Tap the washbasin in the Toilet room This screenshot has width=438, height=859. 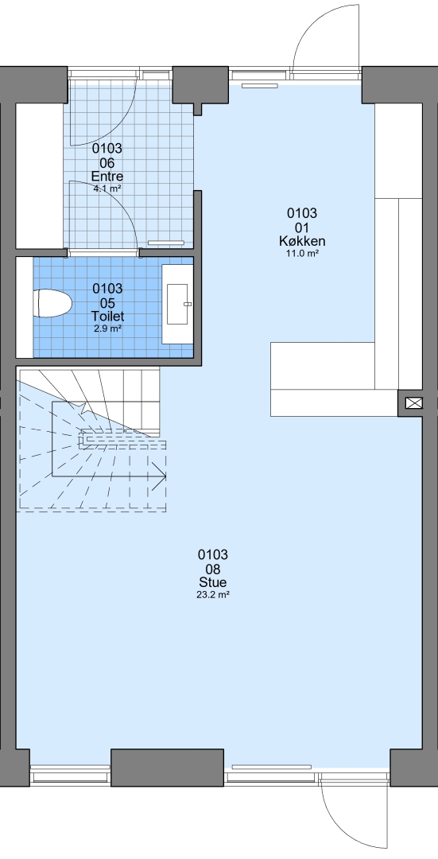point(179,303)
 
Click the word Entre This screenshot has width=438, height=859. point(107,177)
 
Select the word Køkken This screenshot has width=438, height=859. point(302,241)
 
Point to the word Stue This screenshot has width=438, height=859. point(213,582)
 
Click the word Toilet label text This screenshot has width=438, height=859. point(108,316)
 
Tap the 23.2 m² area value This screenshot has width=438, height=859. point(212,594)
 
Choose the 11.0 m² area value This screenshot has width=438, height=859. point(303,253)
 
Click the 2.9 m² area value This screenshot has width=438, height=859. point(108,328)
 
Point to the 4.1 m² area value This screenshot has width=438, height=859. point(107,189)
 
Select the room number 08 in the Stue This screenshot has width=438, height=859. point(213,569)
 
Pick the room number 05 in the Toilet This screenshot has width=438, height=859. point(108,302)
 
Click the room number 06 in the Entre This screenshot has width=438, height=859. point(107,163)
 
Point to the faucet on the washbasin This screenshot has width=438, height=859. point(188,304)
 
